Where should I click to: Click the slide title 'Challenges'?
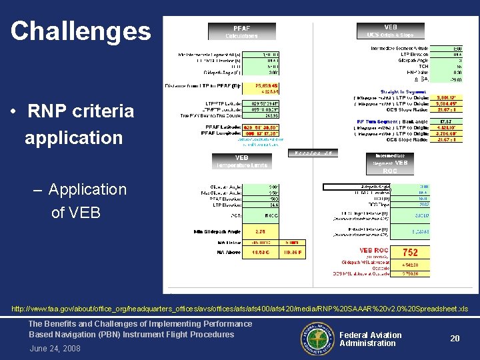point(81,31)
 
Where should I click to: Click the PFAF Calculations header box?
point(241,31)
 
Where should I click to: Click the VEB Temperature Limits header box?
point(241,161)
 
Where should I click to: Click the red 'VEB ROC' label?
point(375,251)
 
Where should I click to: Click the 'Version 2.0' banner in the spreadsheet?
point(314,153)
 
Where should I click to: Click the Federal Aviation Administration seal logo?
point(313,338)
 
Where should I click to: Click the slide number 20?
point(455,339)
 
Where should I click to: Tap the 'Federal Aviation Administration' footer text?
point(370,339)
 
